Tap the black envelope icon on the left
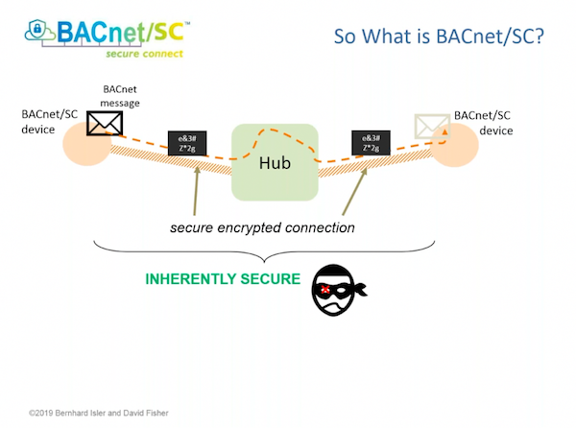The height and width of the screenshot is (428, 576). tap(104, 123)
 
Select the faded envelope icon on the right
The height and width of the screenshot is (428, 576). tap(432, 126)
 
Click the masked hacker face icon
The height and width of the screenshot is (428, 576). tap(336, 290)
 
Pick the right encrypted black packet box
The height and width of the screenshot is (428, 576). tap(372, 144)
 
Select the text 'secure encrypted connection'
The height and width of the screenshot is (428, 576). tap(263, 227)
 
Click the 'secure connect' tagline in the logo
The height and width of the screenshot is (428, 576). tap(143, 53)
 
